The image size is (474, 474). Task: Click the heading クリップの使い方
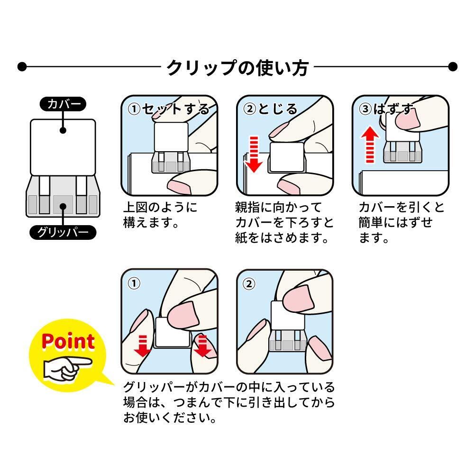[237, 67]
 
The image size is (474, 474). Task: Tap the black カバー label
[63, 104]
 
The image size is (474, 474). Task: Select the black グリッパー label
[63, 232]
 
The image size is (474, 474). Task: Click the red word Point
[68, 341]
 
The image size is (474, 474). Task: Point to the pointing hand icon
[68, 368]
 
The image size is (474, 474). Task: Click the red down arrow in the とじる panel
[253, 154]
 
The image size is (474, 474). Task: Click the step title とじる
[278, 109]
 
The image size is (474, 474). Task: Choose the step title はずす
[393, 109]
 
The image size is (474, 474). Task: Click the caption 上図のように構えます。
[160, 215]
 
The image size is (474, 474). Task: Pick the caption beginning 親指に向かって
[284, 223]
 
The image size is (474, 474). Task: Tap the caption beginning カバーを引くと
[401, 223]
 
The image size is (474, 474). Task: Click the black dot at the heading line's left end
[22, 66]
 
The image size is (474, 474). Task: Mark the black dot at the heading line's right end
[453, 66]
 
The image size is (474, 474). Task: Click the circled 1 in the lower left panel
[134, 283]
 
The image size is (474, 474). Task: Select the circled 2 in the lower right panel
[249, 284]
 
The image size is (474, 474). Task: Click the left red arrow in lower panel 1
[142, 346]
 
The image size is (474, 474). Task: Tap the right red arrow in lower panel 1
[202, 346]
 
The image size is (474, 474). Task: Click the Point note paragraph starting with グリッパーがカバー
[229, 402]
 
